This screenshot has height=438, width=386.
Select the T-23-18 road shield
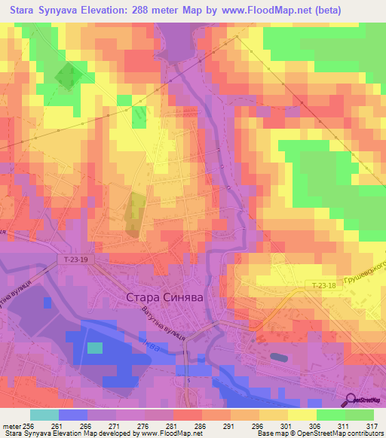tap(326, 286)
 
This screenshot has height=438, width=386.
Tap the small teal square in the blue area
tap(94, 348)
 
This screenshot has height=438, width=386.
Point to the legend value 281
tap(179, 425)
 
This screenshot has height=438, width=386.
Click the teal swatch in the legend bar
tap(44, 415)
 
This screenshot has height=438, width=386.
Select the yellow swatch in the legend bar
tap(302, 415)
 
